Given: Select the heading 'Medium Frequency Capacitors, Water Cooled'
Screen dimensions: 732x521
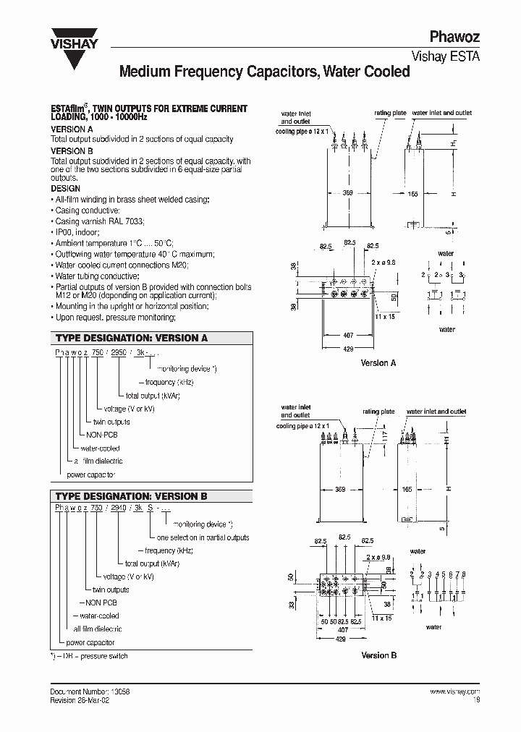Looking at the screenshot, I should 264,72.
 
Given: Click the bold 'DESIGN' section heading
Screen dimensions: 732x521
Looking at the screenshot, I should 65,189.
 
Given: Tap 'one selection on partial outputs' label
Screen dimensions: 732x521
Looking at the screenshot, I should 203,537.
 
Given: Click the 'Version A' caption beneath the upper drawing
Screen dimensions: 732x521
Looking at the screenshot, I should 378,363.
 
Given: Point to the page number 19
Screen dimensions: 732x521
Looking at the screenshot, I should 475,699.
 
